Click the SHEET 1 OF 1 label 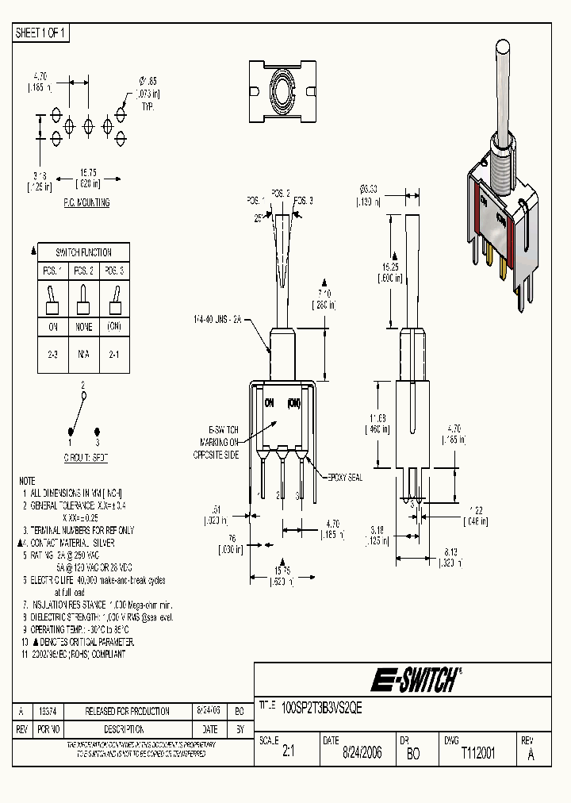(x=41, y=33)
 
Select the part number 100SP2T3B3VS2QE (x=322, y=710)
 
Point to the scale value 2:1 (x=288, y=754)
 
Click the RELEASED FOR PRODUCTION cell (x=127, y=712)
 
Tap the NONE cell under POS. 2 (x=83, y=327)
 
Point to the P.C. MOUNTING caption (x=86, y=203)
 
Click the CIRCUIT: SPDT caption (x=83, y=459)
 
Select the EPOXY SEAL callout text (x=342, y=478)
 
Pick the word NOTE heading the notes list (x=27, y=482)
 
